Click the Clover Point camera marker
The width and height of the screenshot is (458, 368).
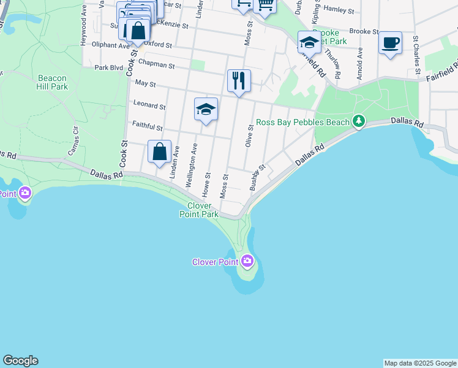247,261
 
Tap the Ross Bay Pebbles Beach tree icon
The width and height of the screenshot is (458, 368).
359,122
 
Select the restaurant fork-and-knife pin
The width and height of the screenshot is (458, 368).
239,80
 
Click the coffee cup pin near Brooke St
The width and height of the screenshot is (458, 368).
390,43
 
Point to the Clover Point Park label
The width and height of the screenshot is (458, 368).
199,210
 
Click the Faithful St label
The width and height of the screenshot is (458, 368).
148,126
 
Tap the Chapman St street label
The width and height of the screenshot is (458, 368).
157,63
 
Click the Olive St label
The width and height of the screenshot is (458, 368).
249,136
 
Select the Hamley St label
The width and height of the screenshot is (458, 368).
339,9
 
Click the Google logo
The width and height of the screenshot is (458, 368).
20,361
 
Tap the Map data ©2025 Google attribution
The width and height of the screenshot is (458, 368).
420,363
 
